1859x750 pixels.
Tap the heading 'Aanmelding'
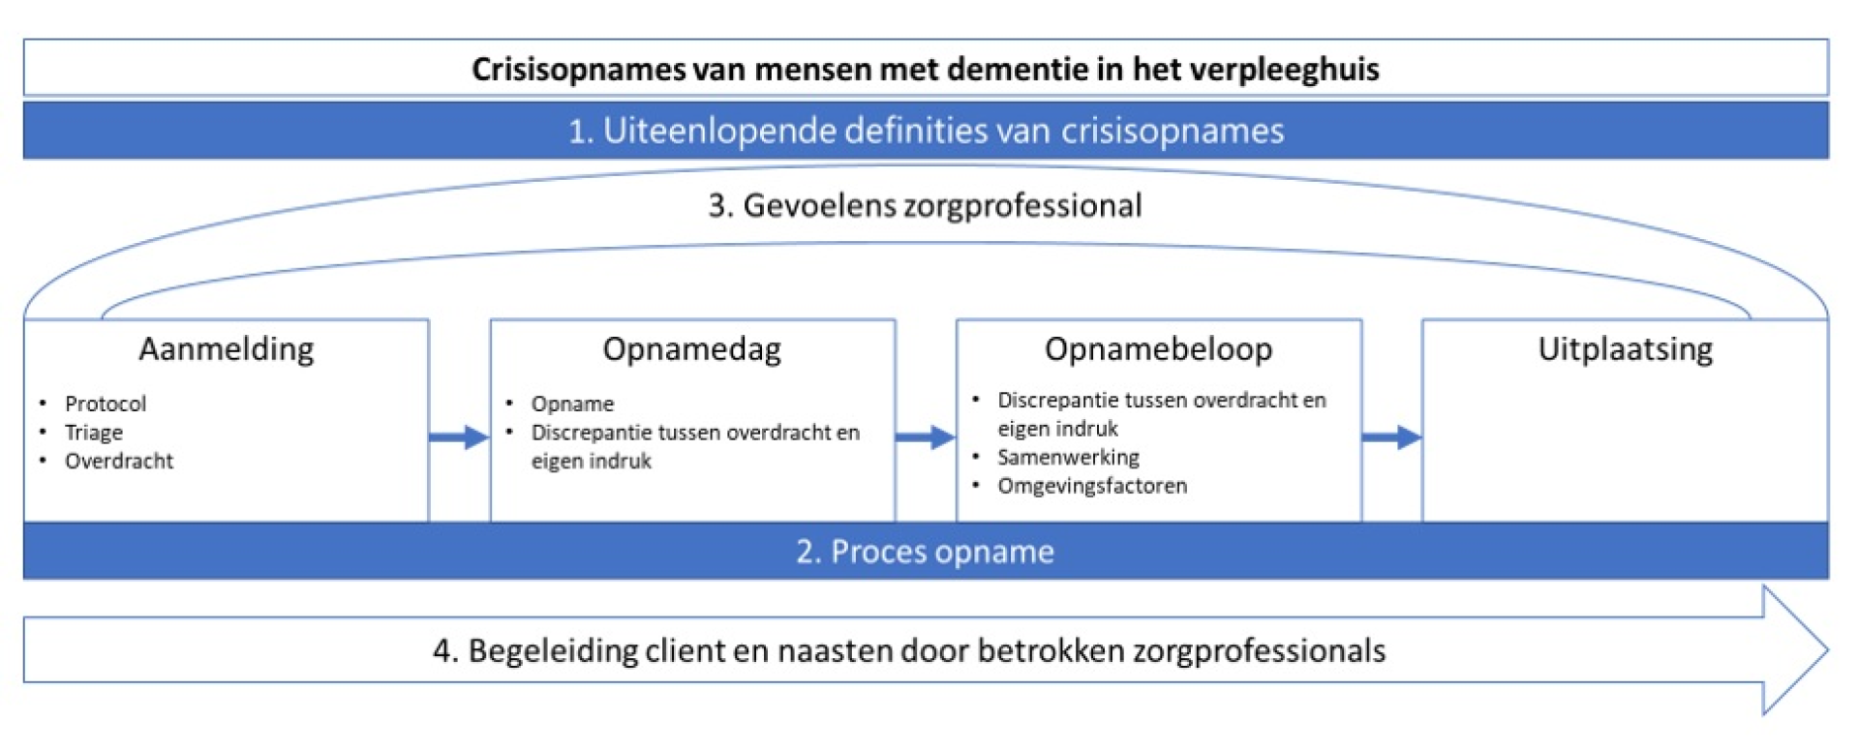pos(227,349)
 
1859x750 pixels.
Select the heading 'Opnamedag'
pos(691,349)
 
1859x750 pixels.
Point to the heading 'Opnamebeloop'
pos(1158,349)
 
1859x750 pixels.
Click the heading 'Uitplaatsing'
pos(1625,349)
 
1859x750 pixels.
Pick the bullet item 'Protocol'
pos(106,404)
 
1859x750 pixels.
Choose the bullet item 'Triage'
pos(94,433)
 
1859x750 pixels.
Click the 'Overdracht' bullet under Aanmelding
pos(119,461)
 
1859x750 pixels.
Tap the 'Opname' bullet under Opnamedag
pos(572,404)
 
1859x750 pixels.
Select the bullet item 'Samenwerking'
pos(1068,457)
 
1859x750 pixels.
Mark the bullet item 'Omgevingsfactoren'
pos(1092,486)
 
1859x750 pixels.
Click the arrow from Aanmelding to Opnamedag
pos(459,437)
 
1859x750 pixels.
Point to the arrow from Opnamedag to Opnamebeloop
pos(926,437)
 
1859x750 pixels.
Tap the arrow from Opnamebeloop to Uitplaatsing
pos(1391,437)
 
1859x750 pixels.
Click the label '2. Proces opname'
pos(925,552)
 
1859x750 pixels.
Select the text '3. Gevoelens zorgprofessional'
pos(925,206)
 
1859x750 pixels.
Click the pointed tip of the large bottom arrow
pos(1827,649)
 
